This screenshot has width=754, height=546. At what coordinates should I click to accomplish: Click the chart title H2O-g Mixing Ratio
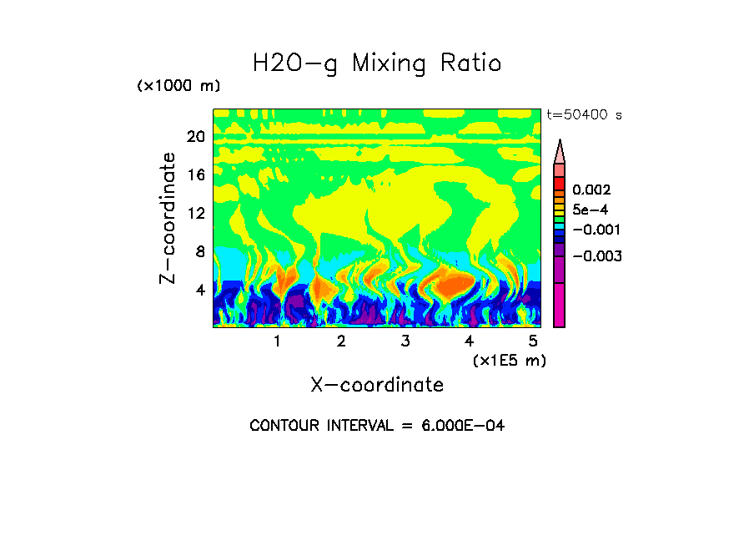377,63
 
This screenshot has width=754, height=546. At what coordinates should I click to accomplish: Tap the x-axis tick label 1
277,341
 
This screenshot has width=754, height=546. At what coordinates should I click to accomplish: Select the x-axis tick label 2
341,341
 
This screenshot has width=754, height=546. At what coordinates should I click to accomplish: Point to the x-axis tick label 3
405,341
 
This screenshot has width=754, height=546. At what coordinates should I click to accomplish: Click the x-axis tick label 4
470,341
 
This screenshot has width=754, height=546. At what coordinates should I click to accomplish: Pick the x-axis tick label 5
534,341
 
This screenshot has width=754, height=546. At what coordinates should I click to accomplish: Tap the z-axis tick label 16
195,174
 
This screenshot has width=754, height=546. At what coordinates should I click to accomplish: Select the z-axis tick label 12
195,213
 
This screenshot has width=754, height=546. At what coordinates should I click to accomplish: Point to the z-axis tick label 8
200,251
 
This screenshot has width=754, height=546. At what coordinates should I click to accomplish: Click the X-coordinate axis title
377,385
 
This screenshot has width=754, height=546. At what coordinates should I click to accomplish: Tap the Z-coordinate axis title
168,218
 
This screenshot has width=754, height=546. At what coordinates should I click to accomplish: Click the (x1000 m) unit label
178,87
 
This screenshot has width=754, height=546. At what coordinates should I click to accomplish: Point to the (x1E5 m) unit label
509,361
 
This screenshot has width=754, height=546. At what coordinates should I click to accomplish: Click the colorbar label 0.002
591,190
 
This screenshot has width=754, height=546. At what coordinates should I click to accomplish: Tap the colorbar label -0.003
597,256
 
